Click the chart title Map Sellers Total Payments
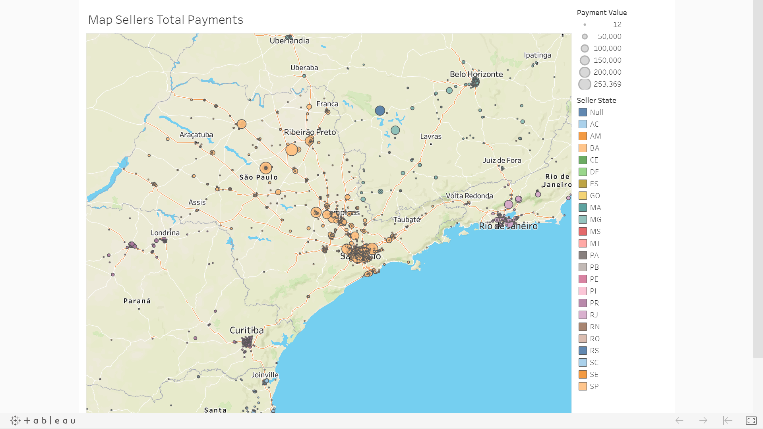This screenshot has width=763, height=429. tap(165, 20)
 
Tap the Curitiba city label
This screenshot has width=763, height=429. tap(246, 330)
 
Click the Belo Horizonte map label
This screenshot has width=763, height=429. tap(476, 74)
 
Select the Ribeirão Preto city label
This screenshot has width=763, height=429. tap(310, 132)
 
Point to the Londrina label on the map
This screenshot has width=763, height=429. tap(165, 233)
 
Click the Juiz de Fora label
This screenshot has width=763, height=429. tap(502, 160)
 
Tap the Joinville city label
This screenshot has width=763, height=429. tap(265, 375)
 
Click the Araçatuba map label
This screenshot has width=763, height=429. tap(196, 135)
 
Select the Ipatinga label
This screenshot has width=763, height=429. tap(537, 55)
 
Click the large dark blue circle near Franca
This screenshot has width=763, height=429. tap(380, 110)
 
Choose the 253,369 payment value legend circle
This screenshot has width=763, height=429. tap(585, 84)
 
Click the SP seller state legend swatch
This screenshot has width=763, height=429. tap(583, 386)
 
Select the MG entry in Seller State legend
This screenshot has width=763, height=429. tap(595, 220)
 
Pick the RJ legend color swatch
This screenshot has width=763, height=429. tap(583, 315)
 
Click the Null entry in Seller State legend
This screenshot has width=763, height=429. tap(596, 112)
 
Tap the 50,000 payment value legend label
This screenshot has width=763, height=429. tap(609, 37)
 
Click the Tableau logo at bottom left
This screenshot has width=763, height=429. tap(43, 420)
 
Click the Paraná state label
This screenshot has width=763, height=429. tap(137, 301)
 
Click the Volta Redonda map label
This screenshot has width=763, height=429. tap(469, 196)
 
